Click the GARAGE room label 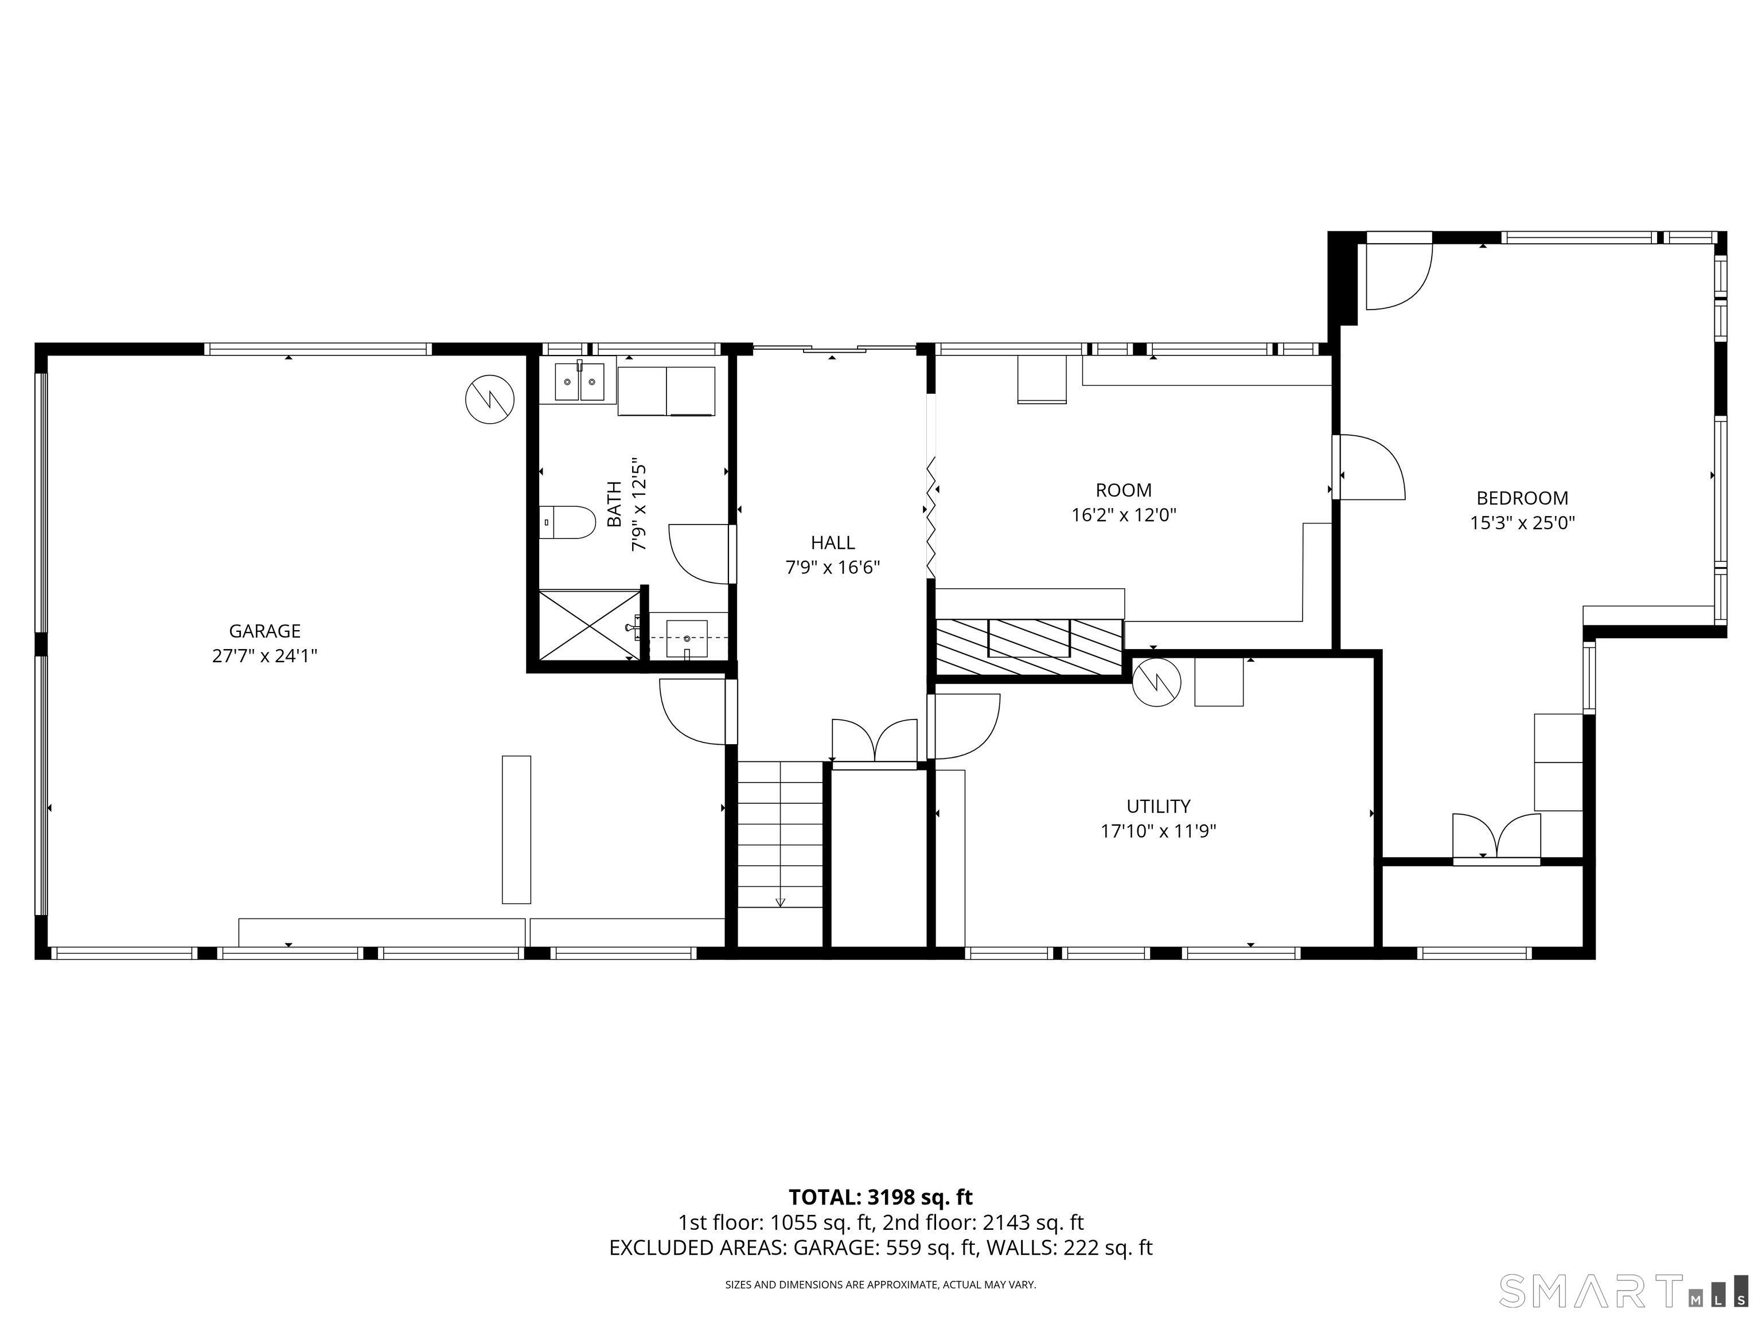click(264, 631)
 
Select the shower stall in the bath click(590, 625)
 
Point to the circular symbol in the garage click(490, 399)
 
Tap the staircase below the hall click(780, 834)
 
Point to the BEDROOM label click(1522, 498)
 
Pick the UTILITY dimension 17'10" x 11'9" click(1158, 831)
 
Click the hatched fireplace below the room click(1029, 647)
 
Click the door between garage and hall click(693, 711)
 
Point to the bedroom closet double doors click(1496, 835)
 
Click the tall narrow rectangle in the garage click(516, 830)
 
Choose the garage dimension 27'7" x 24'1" click(264, 656)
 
